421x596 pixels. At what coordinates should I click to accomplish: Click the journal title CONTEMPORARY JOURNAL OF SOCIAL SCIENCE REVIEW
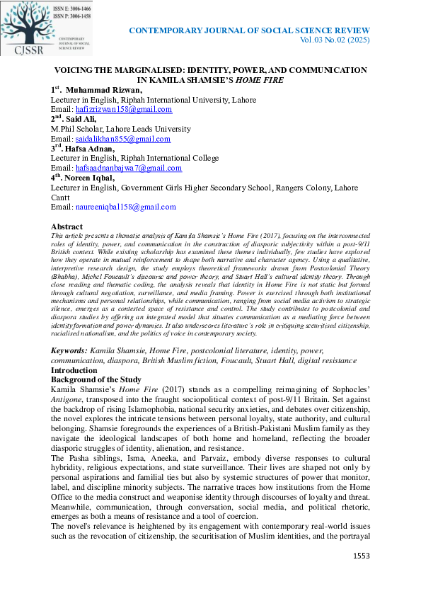point(249,30)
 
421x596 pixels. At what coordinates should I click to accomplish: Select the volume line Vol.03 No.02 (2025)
point(330,40)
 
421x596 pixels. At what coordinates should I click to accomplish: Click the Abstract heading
point(67,226)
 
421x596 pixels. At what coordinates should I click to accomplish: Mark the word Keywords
point(69,350)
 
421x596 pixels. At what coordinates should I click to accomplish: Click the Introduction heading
point(74,370)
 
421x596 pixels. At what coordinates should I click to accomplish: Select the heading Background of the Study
point(96,379)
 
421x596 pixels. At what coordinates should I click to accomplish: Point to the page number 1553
point(361,575)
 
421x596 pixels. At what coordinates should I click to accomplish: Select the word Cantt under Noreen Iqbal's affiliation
point(61,197)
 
